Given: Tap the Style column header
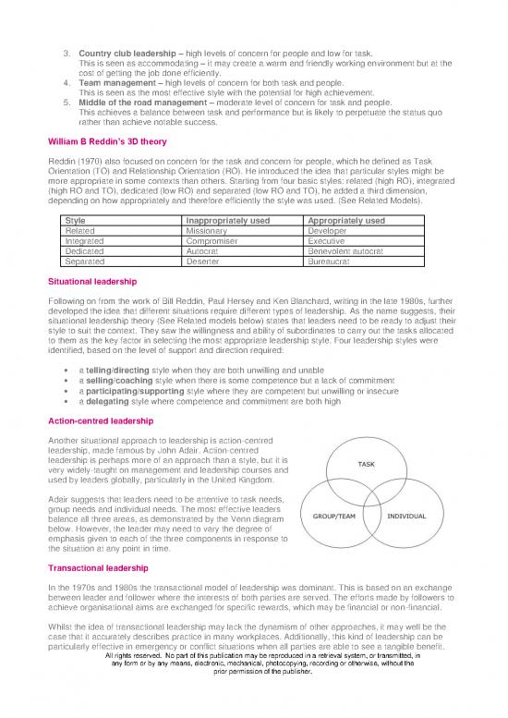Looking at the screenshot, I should point(76,222).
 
